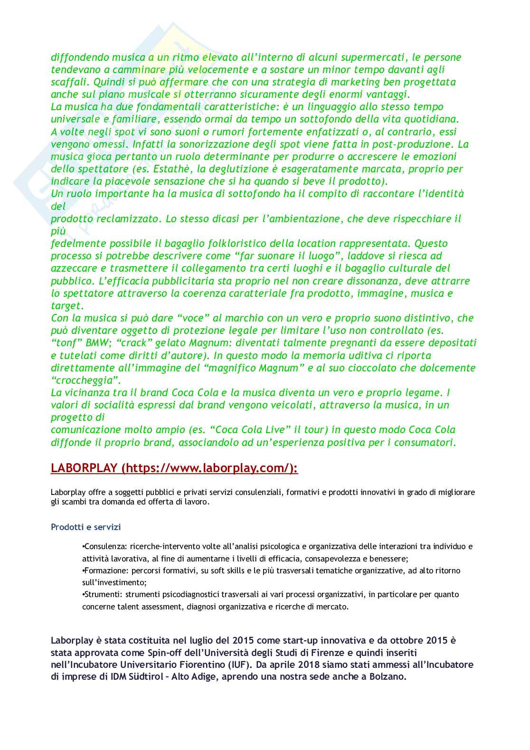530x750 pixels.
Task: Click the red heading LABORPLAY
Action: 84,468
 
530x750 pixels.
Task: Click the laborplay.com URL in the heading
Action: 210,468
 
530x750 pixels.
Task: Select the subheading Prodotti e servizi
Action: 86,527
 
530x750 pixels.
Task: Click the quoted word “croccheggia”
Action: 86,380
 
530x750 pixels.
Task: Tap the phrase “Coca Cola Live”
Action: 253,430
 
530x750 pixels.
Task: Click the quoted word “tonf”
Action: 65,343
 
